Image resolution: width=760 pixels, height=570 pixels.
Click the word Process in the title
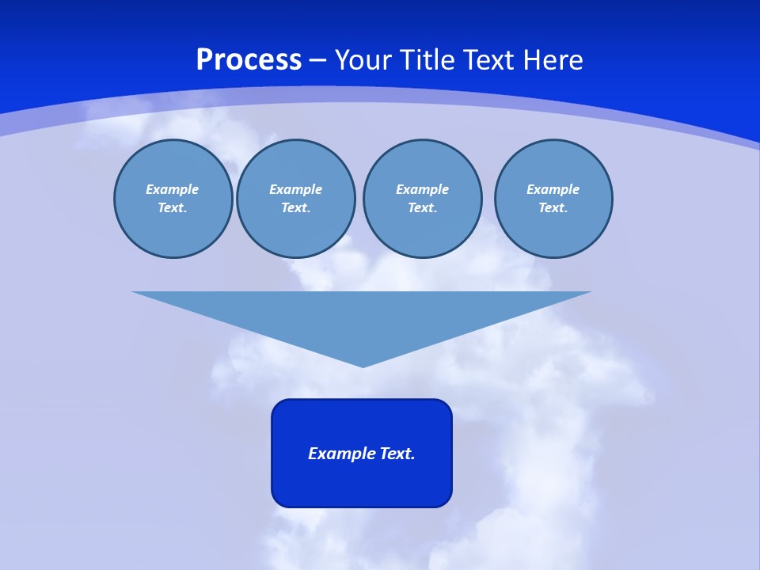249,60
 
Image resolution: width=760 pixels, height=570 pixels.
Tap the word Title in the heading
428,60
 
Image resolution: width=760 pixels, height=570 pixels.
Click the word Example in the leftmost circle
173,189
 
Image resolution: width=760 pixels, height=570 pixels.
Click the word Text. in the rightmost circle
553,207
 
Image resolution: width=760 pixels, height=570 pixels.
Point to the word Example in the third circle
422,189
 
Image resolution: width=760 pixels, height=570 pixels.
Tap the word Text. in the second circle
295,207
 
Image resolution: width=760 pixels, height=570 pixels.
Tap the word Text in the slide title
488,60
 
